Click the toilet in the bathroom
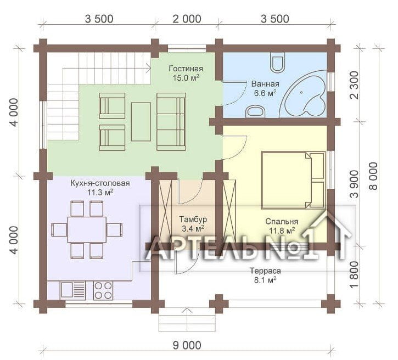pyautogui.click(x=277, y=62)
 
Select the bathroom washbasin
pyautogui.click(x=255, y=112)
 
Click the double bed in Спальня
pyautogui.click(x=294, y=180)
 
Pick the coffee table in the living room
pyautogui.click(x=141, y=121)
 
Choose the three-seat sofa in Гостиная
pyautogui.click(x=171, y=122)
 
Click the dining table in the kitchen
pyautogui.click(x=87, y=229)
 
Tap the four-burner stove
pyautogui.click(x=103, y=290)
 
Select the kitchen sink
pyautogui.click(x=72, y=290)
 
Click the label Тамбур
pyautogui.click(x=193, y=219)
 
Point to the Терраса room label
pyautogui.click(x=266, y=271)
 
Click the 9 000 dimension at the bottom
pyautogui.click(x=187, y=345)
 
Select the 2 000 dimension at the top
pyautogui.click(x=187, y=19)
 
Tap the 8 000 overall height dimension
pyautogui.click(x=374, y=176)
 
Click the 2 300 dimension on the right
pyautogui.click(x=354, y=85)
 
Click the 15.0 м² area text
pyautogui.click(x=186, y=77)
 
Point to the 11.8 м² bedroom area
pyautogui.click(x=282, y=230)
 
